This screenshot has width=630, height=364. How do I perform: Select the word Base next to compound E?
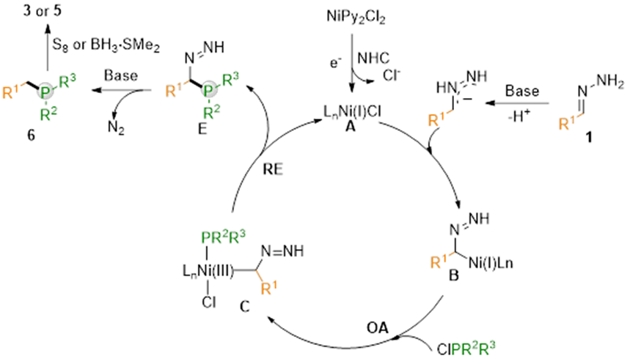coord(119,75)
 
